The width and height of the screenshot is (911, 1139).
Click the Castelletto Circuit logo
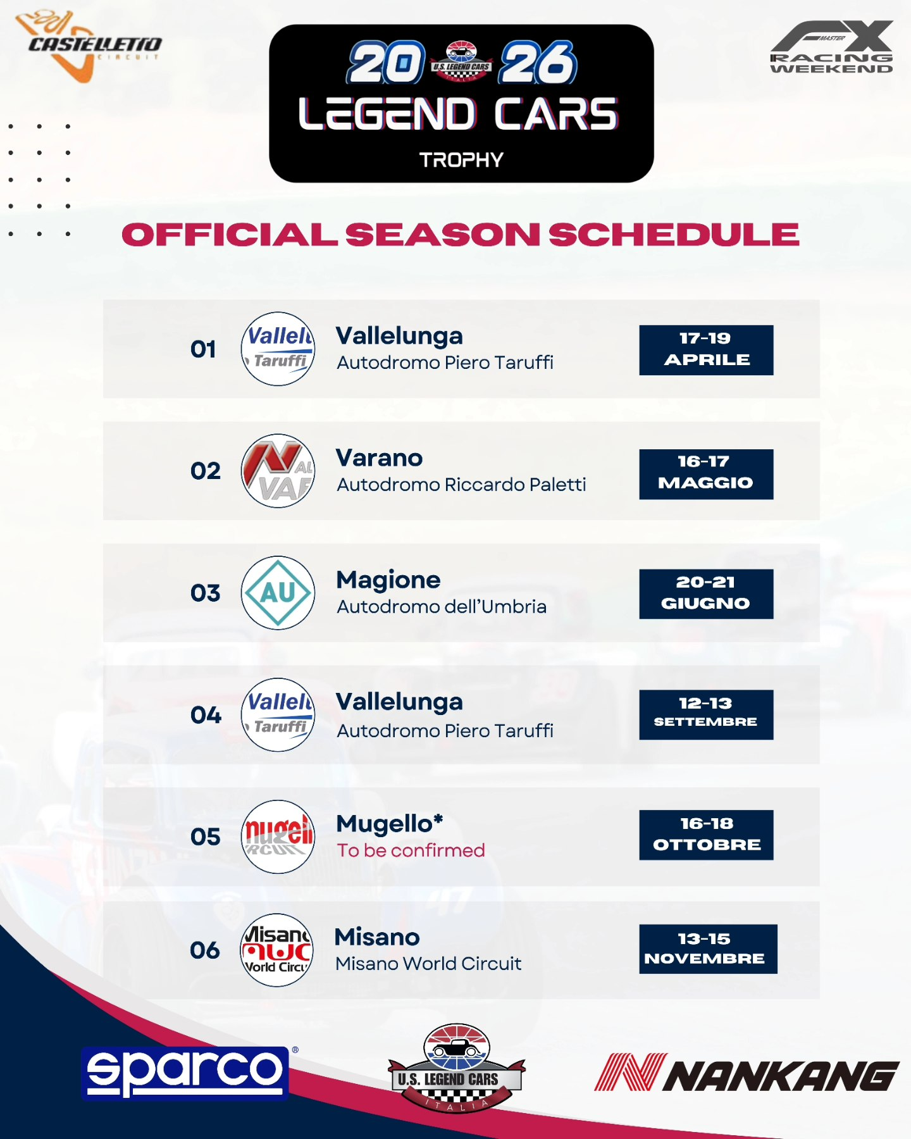[89, 46]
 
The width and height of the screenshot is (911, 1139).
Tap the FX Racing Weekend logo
[831, 48]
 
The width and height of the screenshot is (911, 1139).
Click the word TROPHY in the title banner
[461, 160]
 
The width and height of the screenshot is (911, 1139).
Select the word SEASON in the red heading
[442, 235]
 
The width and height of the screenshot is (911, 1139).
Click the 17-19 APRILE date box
[706, 350]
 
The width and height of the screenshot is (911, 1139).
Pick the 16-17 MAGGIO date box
[706, 474]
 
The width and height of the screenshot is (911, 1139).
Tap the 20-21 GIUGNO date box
[706, 594]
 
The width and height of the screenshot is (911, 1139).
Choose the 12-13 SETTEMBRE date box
[706, 714]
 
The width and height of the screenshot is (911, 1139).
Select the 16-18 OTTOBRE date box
[706, 835]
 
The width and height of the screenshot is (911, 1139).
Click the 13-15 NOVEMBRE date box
[708, 949]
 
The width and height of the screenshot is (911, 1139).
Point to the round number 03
[206, 593]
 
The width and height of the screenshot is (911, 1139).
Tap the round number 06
[205, 950]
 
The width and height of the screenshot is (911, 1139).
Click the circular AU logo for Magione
[278, 593]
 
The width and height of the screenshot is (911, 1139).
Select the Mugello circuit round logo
[278, 837]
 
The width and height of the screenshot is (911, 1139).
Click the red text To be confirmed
[411, 850]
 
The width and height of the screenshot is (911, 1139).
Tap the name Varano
[379, 458]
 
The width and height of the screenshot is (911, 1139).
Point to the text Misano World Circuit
[428, 964]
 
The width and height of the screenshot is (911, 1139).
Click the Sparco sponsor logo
[185, 1073]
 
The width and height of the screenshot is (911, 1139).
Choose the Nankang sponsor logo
[747, 1073]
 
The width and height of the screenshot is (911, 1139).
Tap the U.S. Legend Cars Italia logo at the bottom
[456, 1068]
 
